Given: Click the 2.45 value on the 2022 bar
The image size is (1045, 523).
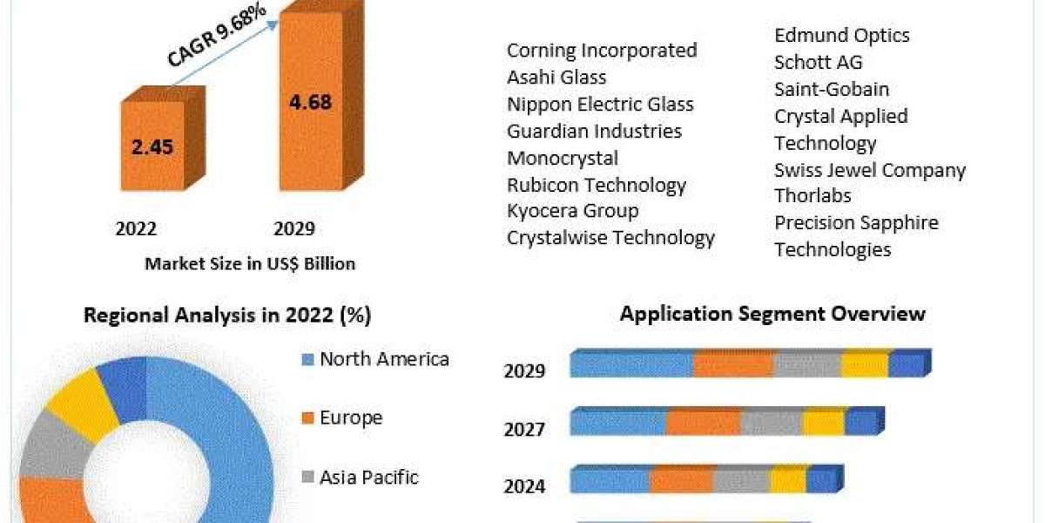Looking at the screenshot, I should click(x=152, y=146).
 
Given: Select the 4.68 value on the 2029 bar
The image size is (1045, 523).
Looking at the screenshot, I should click(x=310, y=103).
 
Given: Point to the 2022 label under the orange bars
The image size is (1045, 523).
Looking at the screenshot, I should click(x=136, y=229).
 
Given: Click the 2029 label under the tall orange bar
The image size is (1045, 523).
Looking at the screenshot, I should click(x=294, y=229).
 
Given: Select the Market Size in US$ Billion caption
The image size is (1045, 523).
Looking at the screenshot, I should click(x=250, y=263).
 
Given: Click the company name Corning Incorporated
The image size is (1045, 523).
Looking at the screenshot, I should click(x=602, y=51).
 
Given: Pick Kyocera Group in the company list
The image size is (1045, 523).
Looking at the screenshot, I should click(x=573, y=210).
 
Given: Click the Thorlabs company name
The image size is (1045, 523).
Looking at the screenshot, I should click(x=812, y=195).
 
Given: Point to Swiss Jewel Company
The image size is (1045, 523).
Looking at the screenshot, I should click(x=870, y=169).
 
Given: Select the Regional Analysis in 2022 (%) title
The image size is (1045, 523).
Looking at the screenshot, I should click(x=227, y=316).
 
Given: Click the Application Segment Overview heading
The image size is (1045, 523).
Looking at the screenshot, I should click(x=772, y=313).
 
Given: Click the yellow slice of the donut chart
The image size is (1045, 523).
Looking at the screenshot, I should click(x=80, y=403).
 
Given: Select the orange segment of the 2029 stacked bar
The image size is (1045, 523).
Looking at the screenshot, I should click(x=733, y=364).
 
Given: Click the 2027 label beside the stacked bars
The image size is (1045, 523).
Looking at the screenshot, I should click(x=524, y=429).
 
